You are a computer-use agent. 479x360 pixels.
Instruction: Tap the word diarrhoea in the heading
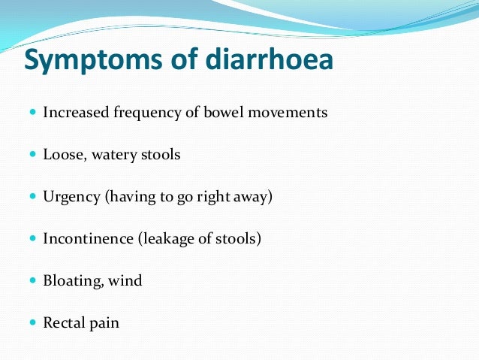pos(263,60)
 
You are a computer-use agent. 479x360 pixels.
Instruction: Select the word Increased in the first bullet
pos(74,113)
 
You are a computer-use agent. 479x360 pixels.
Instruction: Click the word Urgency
pos(71,197)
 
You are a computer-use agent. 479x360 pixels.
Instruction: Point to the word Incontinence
pos(84,239)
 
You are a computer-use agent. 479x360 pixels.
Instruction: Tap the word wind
pos(125,281)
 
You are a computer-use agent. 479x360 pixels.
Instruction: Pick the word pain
pos(105,323)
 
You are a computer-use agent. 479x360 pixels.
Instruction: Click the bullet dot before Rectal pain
pos(32,323)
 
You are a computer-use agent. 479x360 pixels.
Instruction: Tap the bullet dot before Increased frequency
pos(32,113)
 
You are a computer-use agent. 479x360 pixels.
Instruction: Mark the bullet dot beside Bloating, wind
pos(32,281)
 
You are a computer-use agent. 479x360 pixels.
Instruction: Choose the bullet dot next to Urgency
pos(32,197)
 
